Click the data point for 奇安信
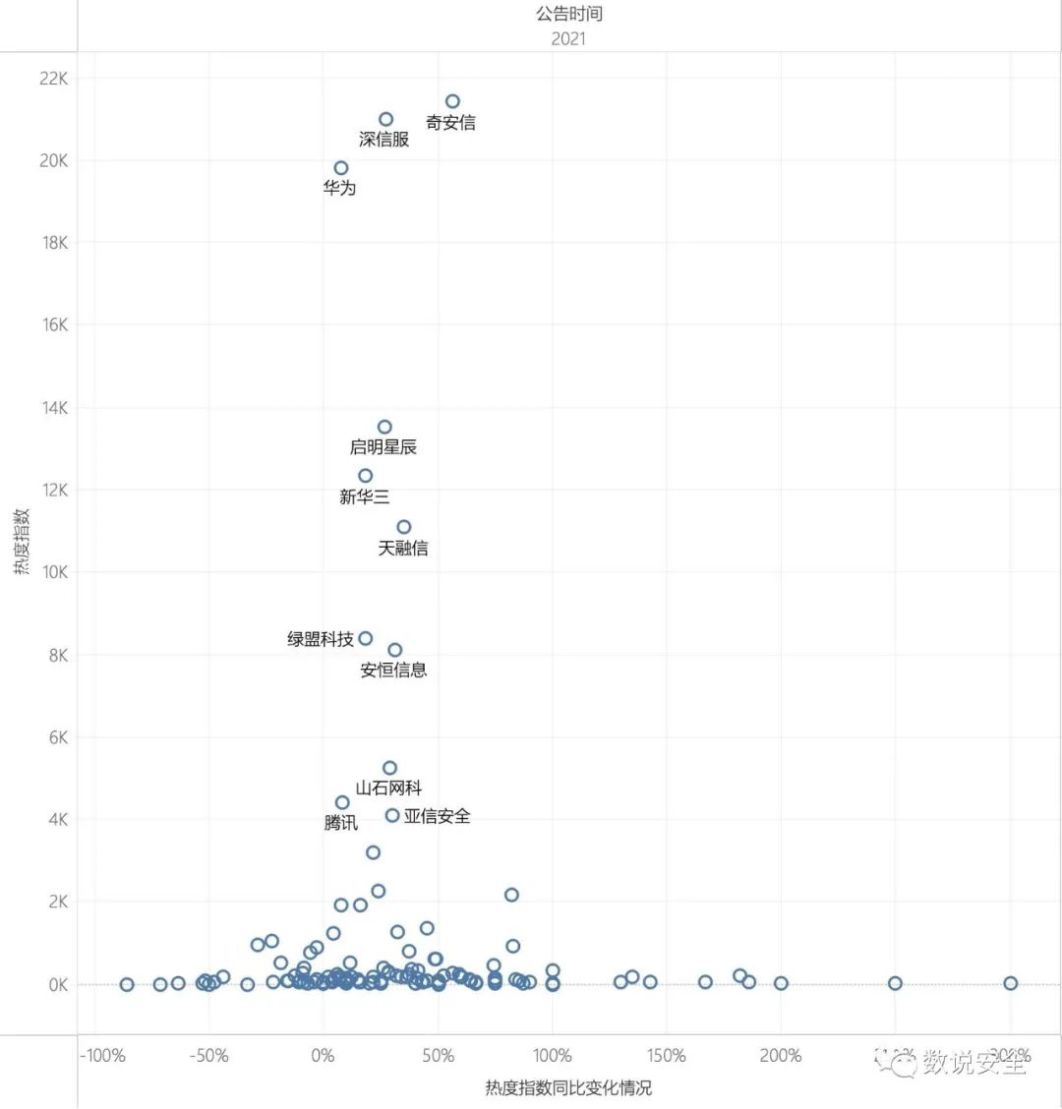click(452, 101)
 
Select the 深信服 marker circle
click(386, 119)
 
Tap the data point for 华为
click(341, 168)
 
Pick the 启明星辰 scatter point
click(384, 427)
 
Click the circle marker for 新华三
click(366, 476)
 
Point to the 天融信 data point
click(404, 527)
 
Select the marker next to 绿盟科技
click(366, 638)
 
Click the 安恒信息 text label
click(393, 671)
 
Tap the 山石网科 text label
click(388, 788)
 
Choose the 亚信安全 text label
click(437, 816)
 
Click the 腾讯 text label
click(341, 823)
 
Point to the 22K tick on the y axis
click(53, 79)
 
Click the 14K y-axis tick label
click(53, 408)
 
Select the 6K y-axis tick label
click(56, 737)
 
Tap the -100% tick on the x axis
click(102, 1056)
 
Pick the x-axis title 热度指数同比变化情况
click(568, 1087)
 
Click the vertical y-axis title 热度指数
click(23, 542)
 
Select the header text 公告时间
click(569, 14)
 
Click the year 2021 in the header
click(568, 38)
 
